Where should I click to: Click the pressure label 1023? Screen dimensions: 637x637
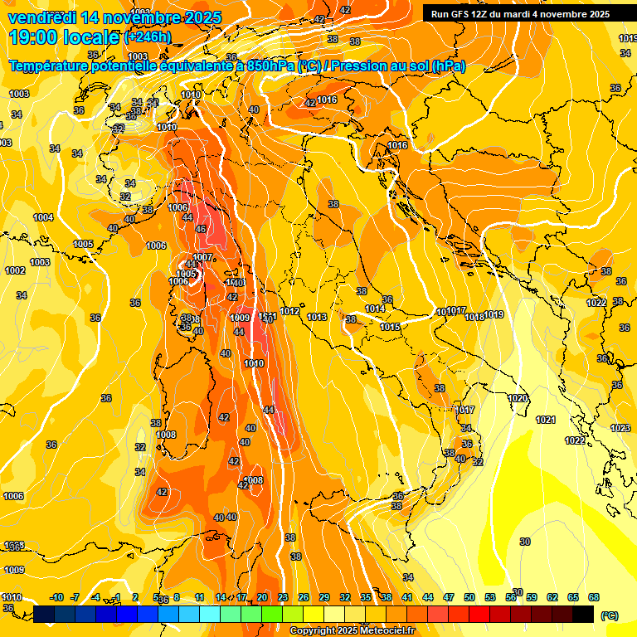tap(620, 428)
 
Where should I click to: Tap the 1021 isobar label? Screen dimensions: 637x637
tap(545, 420)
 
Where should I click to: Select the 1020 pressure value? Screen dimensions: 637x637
tap(518, 399)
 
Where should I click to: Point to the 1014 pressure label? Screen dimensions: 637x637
tap(375, 309)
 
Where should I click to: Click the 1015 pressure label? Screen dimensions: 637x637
tap(391, 327)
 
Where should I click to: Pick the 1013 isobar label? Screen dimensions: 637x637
tap(317, 317)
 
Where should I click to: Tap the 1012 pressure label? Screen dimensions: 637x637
tap(289, 311)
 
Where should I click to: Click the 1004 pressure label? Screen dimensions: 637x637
tap(43, 217)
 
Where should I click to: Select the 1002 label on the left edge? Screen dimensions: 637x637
tap(15, 270)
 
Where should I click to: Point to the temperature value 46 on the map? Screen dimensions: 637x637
tap(200, 229)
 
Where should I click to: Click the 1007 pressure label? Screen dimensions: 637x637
tap(203, 257)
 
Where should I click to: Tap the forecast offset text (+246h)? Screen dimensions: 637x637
tap(148, 36)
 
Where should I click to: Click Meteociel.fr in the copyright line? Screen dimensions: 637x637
tap(386, 630)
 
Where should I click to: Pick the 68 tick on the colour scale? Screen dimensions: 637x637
tap(594, 597)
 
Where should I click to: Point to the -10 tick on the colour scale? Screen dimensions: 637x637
tap(57, 597)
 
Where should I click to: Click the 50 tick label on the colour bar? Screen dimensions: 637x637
tap(469, 597)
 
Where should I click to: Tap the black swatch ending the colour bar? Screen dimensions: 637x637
tap(583, 614)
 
